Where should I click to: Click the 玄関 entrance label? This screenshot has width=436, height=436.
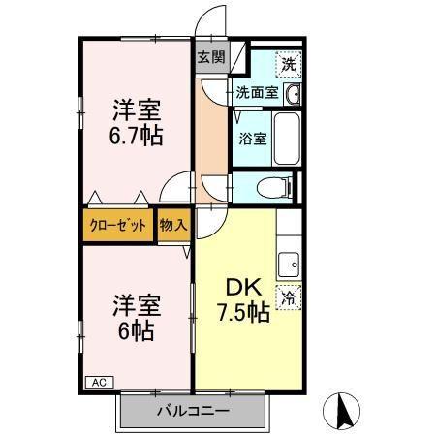point(211,56)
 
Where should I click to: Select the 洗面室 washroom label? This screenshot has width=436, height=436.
point(257,94)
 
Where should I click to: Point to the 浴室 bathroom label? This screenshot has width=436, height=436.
point(253,138)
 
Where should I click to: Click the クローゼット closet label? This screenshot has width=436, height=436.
point(118,225)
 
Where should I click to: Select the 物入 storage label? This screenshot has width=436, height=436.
point(174,225)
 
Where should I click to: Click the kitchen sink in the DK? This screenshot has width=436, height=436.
point(288,263)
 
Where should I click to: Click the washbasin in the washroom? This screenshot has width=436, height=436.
point(293,94)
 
